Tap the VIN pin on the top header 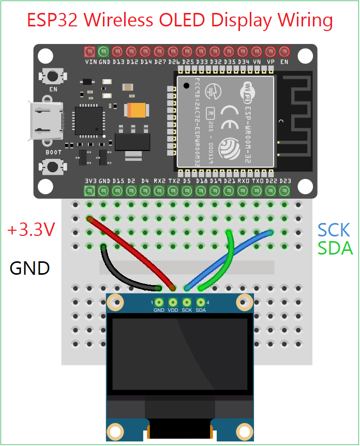[89, 52]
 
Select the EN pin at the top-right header [284, 52]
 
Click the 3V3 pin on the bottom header [89, 191]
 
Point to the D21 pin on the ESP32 [229, 191]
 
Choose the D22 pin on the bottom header [271, 191]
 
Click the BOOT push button [52, 167]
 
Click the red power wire [132, 254]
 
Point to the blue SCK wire [228, 259]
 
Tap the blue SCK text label [334, 230]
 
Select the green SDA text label [335, 248]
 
